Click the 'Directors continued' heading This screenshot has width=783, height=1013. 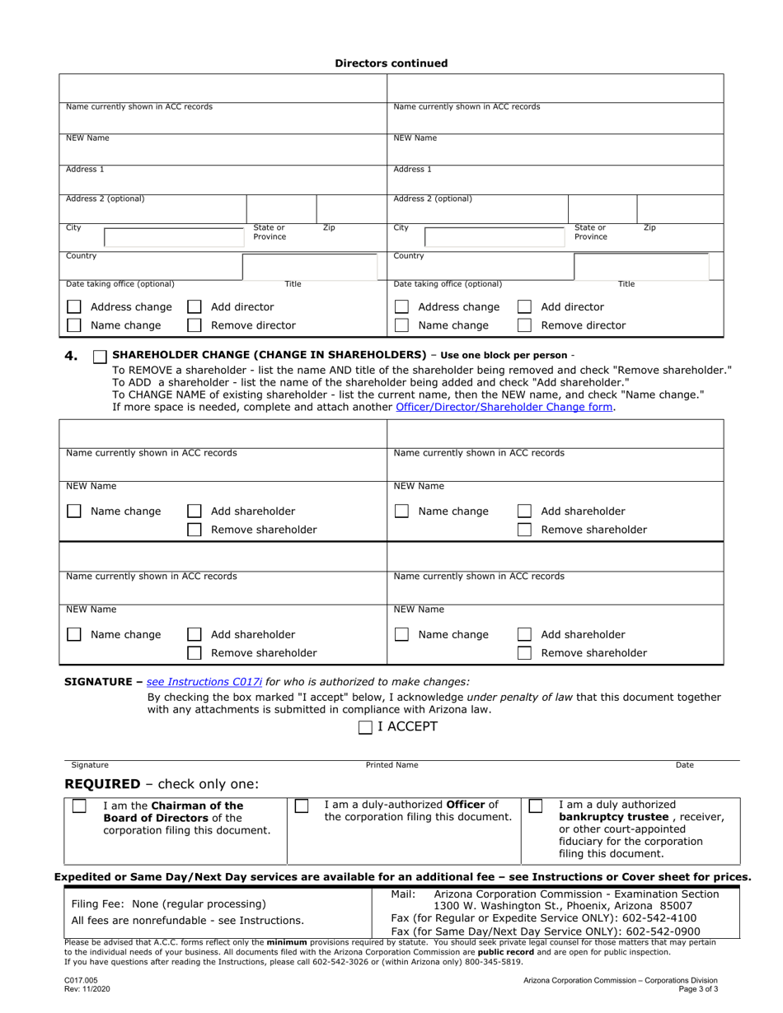391,63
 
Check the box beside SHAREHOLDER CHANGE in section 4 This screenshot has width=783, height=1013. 100,356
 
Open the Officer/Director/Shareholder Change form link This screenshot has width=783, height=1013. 504,407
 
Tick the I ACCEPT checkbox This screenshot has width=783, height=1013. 365,727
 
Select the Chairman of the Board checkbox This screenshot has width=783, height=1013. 79,806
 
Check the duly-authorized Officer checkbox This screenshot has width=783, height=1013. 302,805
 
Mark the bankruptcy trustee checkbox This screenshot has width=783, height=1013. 536,805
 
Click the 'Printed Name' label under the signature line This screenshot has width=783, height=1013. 391,765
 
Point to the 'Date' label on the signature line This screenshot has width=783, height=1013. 684,765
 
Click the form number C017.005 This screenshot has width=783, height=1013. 82,981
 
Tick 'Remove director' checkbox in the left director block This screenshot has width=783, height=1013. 195,325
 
